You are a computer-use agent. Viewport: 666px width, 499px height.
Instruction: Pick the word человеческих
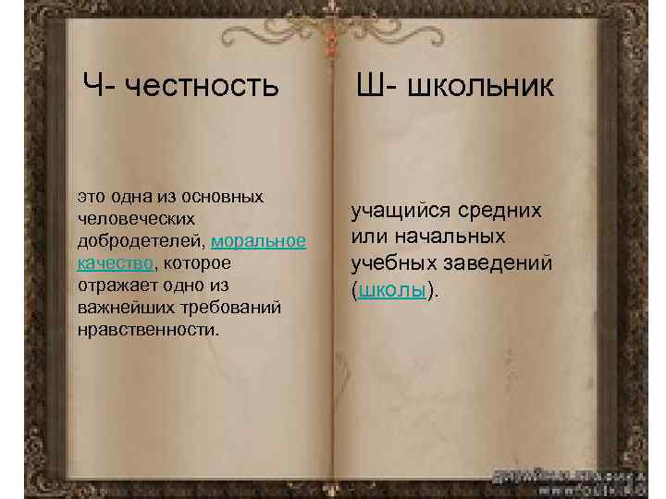136,219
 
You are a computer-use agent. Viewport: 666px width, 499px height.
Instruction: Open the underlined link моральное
258,241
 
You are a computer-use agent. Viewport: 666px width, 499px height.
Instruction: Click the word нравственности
148,329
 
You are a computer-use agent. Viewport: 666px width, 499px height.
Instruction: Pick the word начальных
447,237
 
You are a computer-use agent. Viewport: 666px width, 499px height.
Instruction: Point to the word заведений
503,263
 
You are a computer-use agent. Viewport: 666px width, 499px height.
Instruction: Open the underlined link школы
392,289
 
